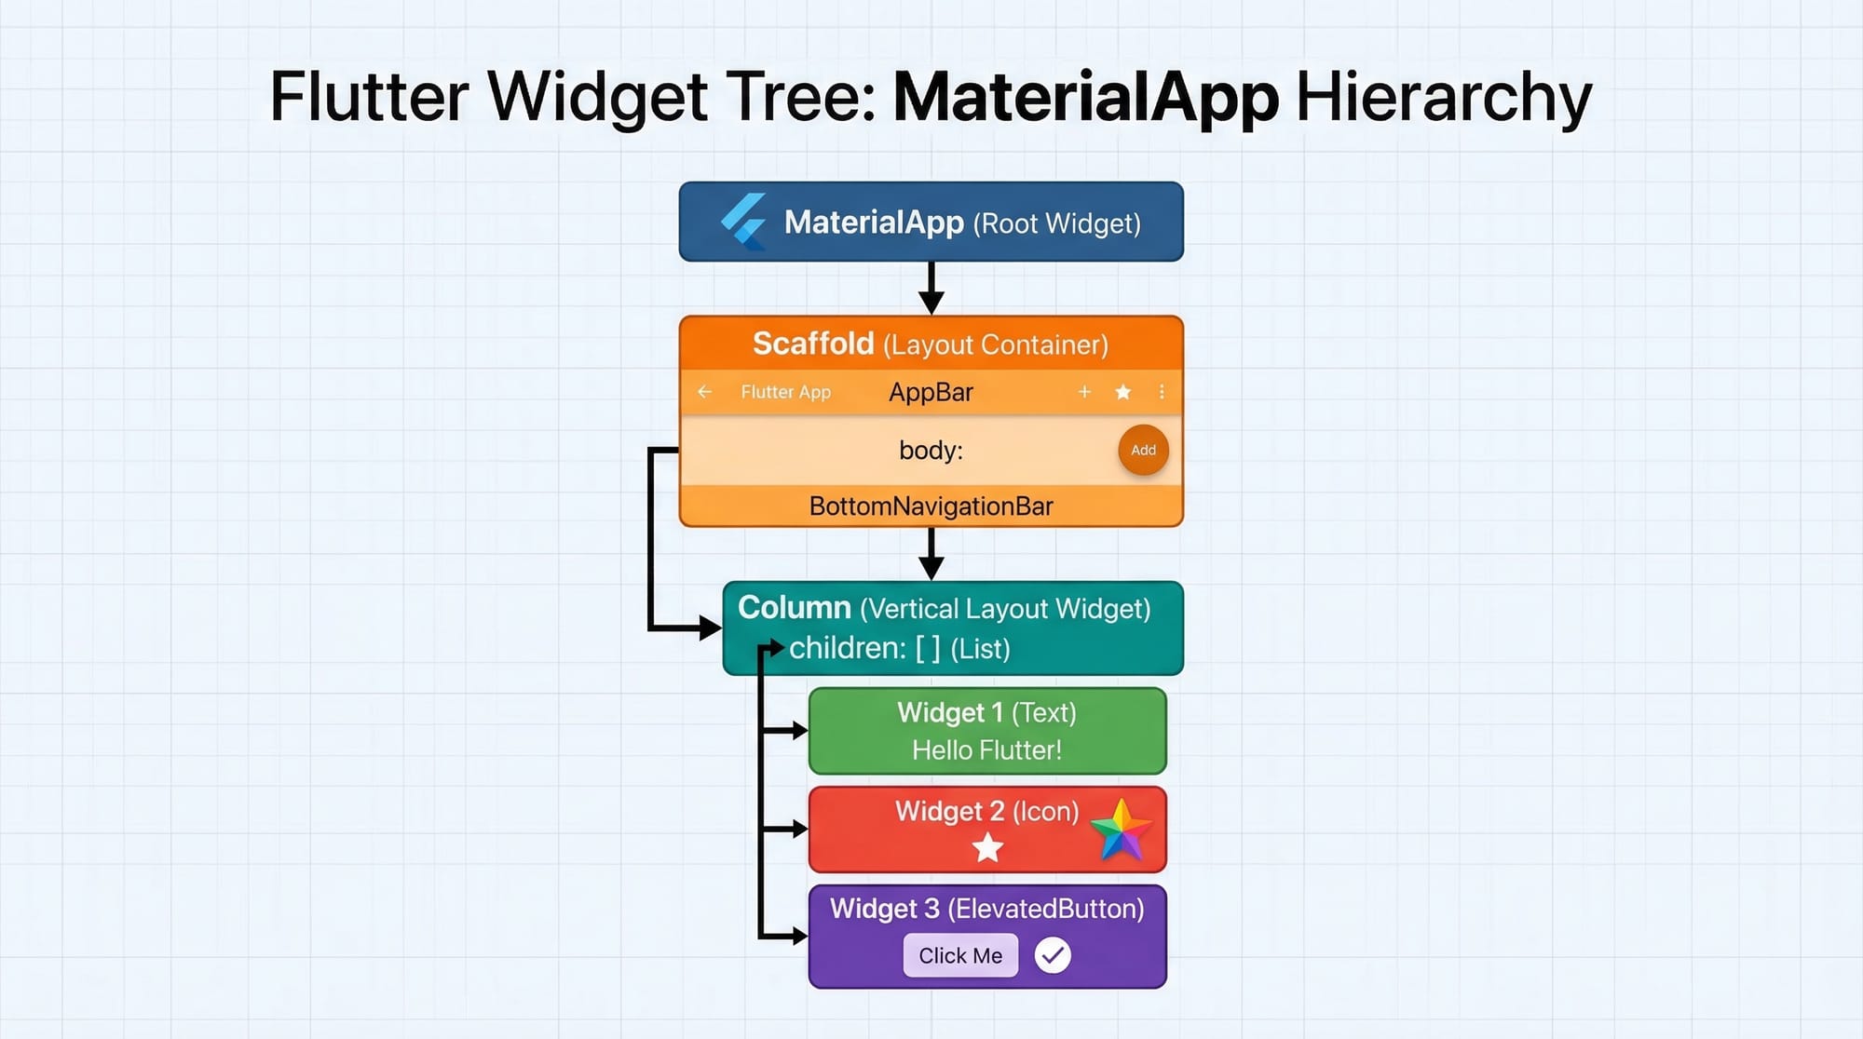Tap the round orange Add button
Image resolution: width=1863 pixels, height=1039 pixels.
[1143, 451]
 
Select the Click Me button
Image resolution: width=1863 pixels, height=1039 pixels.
[960, 955]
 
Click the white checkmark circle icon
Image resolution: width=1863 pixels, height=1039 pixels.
[1053, 955]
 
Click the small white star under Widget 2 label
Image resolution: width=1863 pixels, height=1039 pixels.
[987, 848]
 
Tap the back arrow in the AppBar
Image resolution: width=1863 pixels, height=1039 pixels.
[705, 392]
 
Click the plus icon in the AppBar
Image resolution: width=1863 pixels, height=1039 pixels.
[1084, 392]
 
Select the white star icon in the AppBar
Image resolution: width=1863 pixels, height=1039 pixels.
[1123, 392]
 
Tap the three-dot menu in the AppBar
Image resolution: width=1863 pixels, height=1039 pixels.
[1162, 392]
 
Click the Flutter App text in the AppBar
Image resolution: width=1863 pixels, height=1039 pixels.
[785, 392]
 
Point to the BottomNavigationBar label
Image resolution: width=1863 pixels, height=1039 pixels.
[931, 506]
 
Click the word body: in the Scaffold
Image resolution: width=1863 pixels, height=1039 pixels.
[931, 451]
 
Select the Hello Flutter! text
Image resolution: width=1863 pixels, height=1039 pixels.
[986, 750]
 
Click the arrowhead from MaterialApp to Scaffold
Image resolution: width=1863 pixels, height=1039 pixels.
[931, 303]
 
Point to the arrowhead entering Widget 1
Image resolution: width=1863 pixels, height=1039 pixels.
[798, 731]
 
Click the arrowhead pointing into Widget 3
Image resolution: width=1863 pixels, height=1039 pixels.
[798, 936]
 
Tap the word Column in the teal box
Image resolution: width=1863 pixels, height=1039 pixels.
[794, 607]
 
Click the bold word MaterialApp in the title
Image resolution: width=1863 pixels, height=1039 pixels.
[1086, 97]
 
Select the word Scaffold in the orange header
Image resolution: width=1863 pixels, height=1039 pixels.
[812, 344]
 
